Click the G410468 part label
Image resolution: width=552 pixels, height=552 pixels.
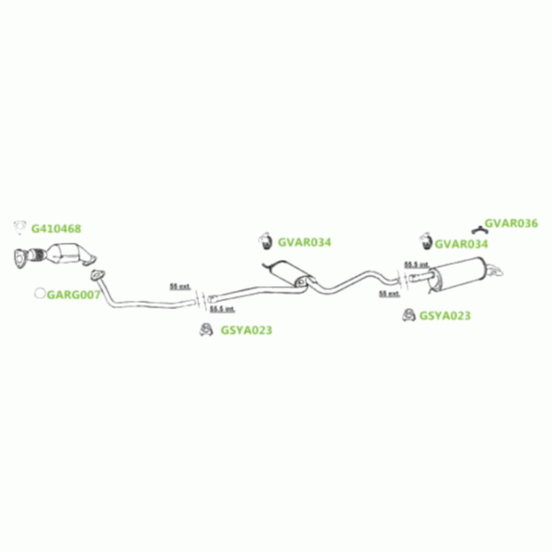pos(56,227)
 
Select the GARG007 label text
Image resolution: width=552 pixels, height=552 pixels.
pos(73,295)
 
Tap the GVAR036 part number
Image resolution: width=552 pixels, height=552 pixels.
pos(511,223)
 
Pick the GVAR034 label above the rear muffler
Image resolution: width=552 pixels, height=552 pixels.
pos(462,244)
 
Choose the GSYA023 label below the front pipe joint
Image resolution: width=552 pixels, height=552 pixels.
pos(246,329)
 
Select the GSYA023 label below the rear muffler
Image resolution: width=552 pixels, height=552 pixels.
pos(444,316)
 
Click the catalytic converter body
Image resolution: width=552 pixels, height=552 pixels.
pos(65,253)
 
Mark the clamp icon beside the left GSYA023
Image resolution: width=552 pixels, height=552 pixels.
pos(206,329)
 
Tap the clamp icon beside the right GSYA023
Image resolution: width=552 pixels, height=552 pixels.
pos(408,316)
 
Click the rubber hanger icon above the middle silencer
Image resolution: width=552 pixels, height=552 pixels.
pos(261,242)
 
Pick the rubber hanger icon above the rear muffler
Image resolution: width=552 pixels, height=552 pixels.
pos(426,242)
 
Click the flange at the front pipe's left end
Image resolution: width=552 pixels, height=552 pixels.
pos(95,275)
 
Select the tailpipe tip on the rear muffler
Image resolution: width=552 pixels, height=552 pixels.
pos(498,270)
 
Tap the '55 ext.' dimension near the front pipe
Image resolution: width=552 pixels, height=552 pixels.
pos(181,287)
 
